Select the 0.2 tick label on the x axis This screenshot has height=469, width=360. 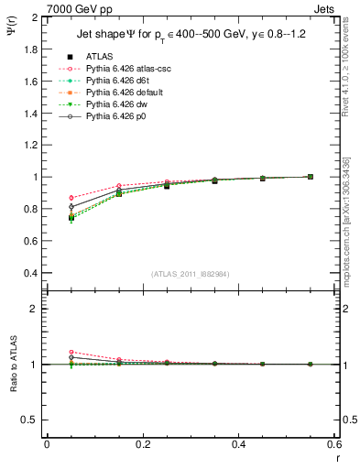point(142,444)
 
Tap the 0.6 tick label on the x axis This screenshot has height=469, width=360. point(333,444)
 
